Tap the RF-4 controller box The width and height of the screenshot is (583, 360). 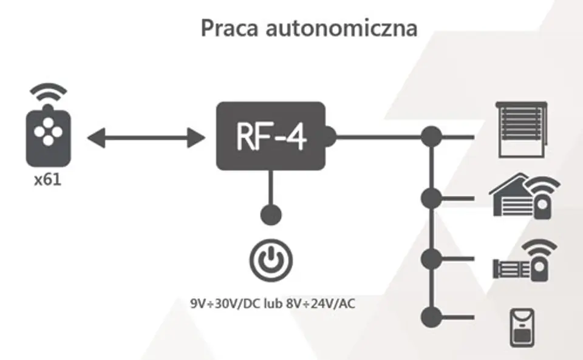[x=271, y=137]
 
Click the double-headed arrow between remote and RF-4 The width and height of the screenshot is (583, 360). [x=146, y=138]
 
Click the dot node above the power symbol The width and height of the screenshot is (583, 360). [x=271, y=215]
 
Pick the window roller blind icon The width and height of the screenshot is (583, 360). [x=522, y=129]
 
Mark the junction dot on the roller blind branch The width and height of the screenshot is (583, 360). [x=431, y=137]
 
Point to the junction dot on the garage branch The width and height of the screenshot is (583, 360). [x=431, y=197]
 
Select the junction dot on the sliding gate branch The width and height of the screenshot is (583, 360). [x=431, y=258]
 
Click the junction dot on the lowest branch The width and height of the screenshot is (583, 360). [x=431, y=316]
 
